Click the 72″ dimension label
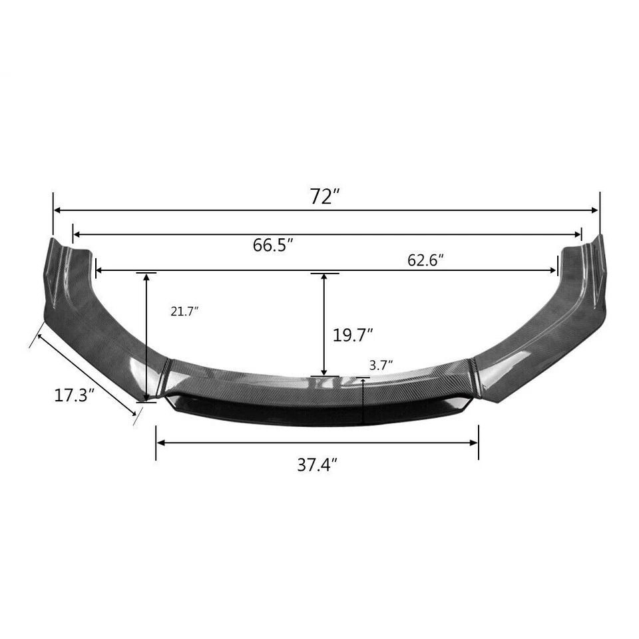(325, 196)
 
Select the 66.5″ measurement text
(273, 245)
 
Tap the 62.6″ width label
(425, 260)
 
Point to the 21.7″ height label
(184, 311)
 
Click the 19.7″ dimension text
(352, 335)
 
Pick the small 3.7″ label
(380, 364)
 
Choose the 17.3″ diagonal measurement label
(74, 395)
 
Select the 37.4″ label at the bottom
(318, 465)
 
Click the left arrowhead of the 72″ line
(57, 210)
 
